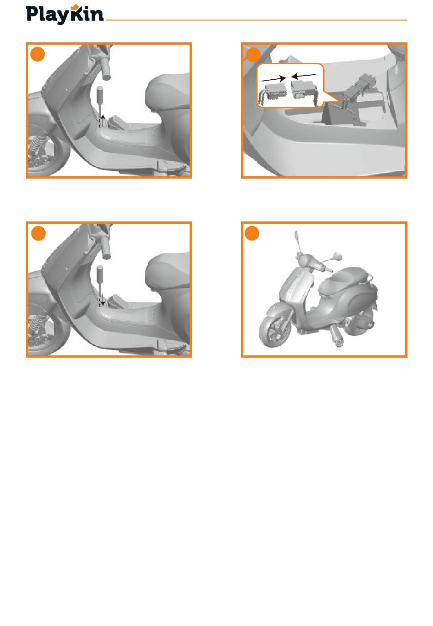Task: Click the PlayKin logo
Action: click(x=65, y=15)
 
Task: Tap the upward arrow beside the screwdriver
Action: click(x=103, y=121)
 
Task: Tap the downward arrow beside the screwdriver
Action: click(x=103, y=300)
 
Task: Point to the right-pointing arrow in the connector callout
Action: click(x=273, y=79)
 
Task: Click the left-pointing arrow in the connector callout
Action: click(x=303, y=76)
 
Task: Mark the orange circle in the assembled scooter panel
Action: click(x=252, y=233)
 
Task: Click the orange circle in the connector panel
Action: click(x=253, y=55)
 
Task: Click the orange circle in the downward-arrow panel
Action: click(x=38, y=233)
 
